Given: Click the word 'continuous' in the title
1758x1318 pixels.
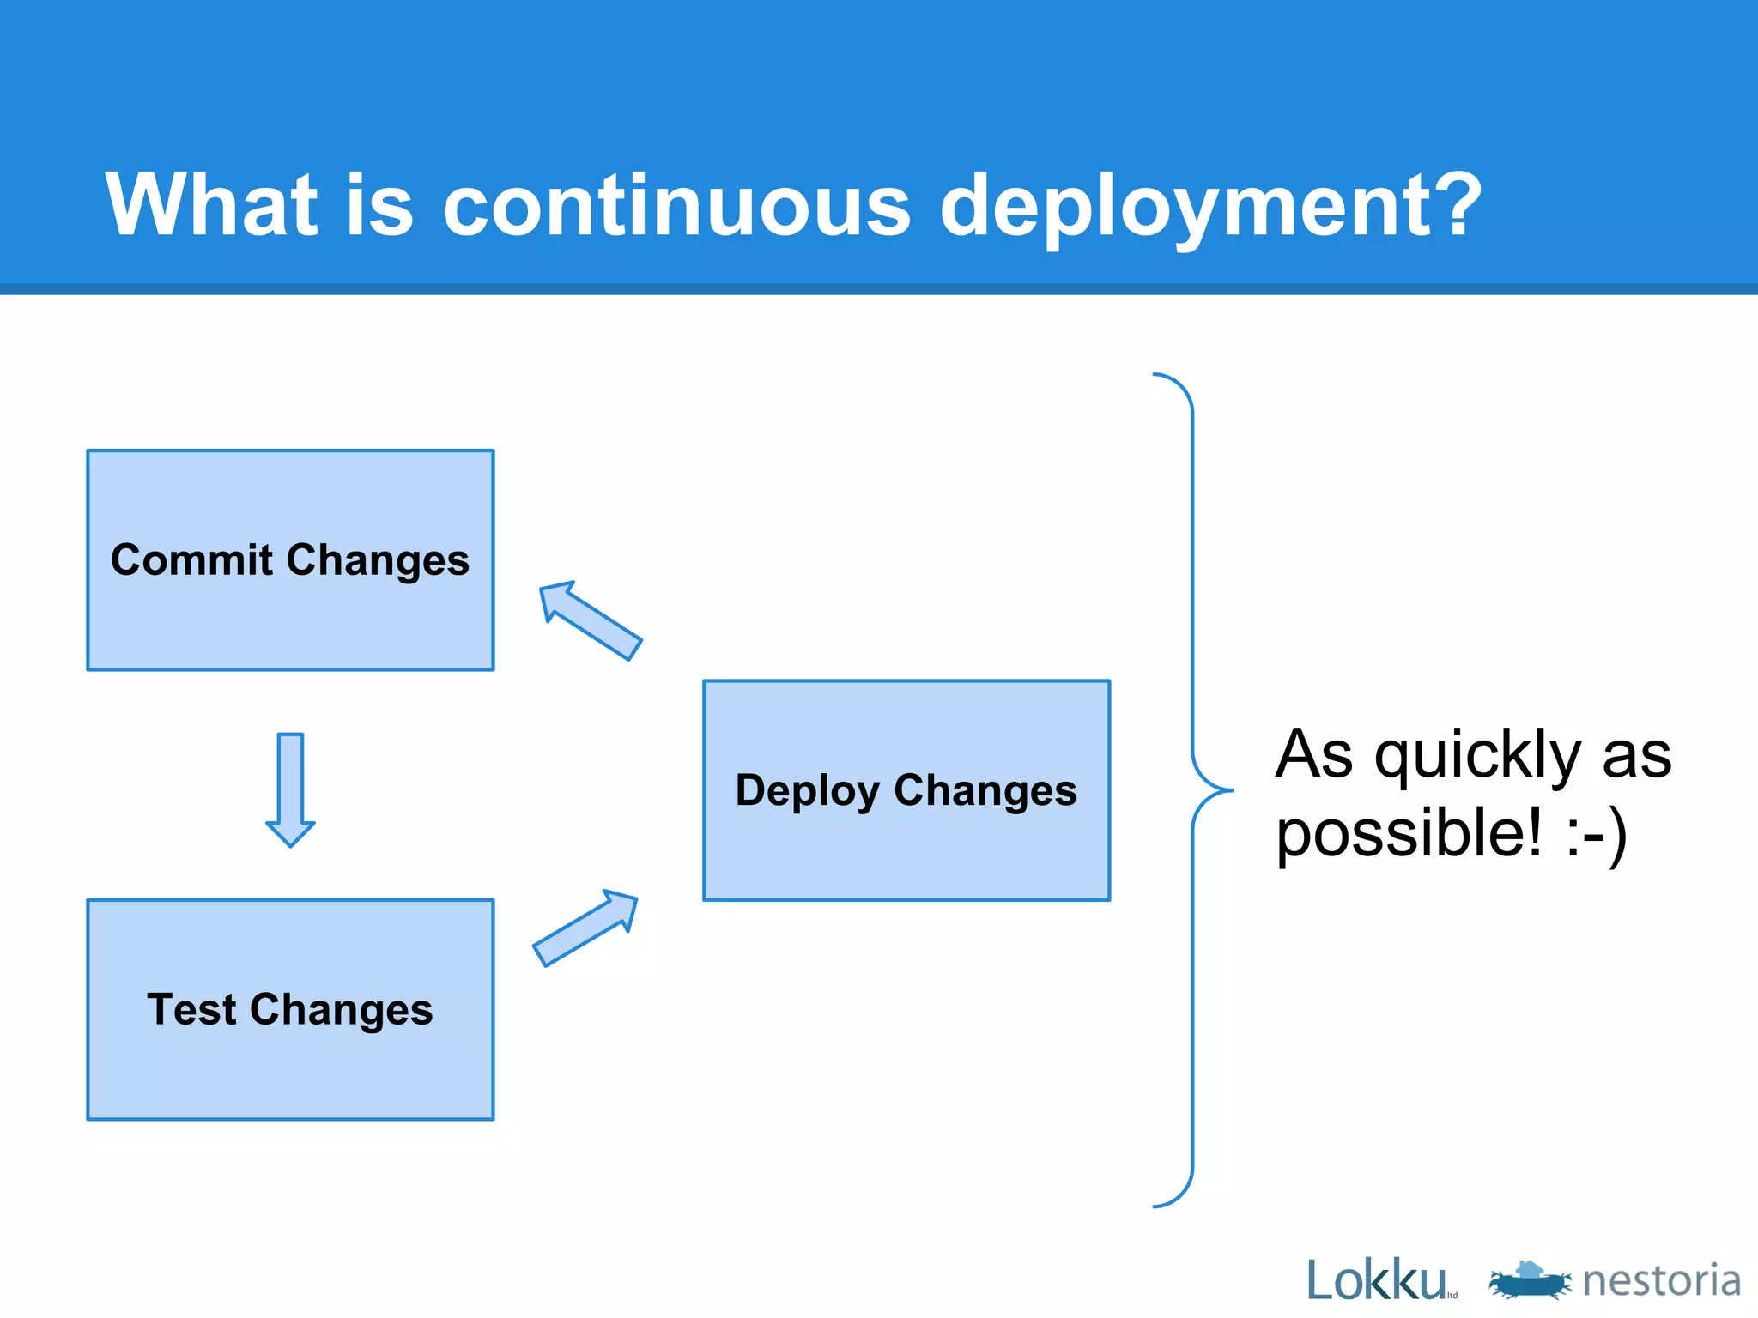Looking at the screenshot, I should [676, 206].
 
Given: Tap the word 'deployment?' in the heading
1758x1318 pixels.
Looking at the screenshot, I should [1210, 206].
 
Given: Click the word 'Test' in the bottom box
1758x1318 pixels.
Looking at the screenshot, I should [191, 1009].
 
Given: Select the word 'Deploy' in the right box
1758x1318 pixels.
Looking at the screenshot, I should [807, 791].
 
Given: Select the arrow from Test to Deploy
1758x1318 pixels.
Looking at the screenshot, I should [586, 928].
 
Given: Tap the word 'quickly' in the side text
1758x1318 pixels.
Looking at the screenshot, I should [1477, 755].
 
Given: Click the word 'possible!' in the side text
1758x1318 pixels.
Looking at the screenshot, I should [1409, 834].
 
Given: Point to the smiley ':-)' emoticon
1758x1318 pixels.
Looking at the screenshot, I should [1596, 834].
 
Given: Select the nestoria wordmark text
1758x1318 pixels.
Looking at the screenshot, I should [1661, 1280].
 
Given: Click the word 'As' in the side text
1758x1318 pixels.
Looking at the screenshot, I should [1314, 755].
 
